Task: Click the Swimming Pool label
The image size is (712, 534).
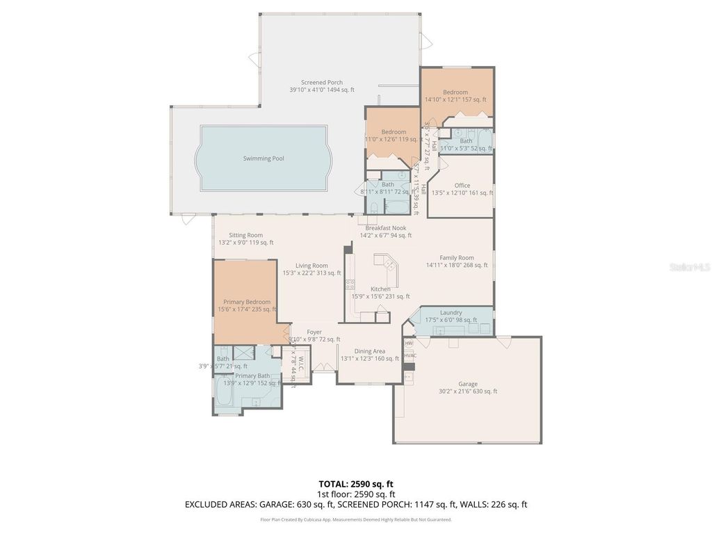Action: click(x=264, y=159)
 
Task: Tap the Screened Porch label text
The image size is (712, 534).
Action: click(x=321, y=83)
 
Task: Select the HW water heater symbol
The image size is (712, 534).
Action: click(x=409, y=343)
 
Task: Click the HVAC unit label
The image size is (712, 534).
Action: click(x=410, y=356)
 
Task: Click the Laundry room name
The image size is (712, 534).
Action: click(x=451, y=313)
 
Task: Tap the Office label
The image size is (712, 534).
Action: click(x=462, y=186)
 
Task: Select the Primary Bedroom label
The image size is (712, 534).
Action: click(x=246, y=302)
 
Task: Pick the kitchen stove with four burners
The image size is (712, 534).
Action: click(x=350, y=284)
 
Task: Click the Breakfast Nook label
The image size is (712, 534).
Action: click(x=382, y=228)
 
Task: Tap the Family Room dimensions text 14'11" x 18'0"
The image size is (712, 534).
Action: click(x=460, y=265)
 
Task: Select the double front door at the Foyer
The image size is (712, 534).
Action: click(x=322, y=367)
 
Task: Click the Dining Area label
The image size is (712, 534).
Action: click(x=369, y=351)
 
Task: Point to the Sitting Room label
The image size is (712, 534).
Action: click(x=245, y=235)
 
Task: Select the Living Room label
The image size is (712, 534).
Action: click(x=311, y=266)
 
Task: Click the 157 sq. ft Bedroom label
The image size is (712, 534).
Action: click(x=455, y=92)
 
